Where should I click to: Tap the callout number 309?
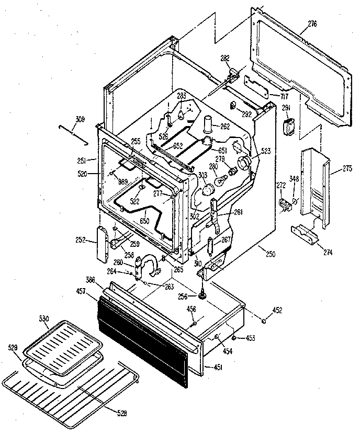[x=80, y=119]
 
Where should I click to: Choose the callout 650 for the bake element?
[x=144, y=221]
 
